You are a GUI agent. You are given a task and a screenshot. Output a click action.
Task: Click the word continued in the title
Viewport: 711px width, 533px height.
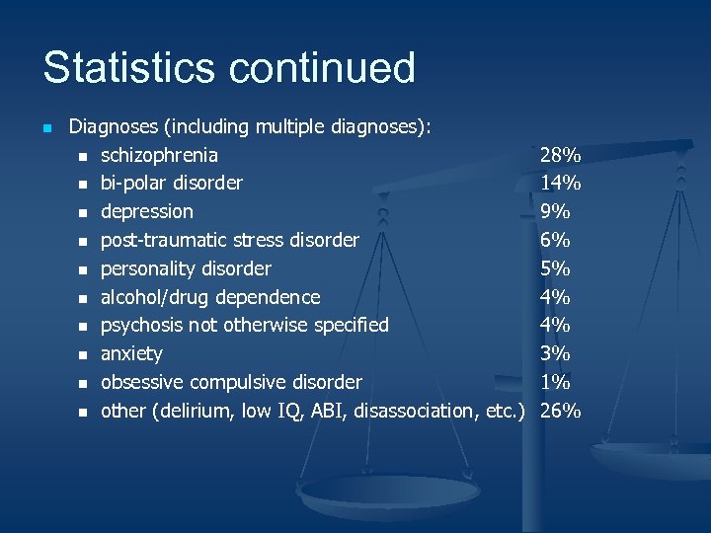click(321, 68)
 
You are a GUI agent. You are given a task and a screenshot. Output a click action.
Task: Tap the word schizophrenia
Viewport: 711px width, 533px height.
click(160, 155)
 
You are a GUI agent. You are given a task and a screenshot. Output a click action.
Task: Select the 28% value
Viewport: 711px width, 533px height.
click(560, 155)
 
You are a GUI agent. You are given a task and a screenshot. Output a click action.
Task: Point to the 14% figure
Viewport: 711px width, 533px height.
click(560, 183)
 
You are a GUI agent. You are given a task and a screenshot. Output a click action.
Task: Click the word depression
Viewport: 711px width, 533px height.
click(147, 211)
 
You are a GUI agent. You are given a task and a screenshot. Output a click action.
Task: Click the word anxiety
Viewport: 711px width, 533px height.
click(131, 353)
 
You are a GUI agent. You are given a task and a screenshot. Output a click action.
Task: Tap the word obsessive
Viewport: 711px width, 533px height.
click(142, 382)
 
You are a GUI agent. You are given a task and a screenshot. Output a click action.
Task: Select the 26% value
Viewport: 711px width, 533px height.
click(560, 411)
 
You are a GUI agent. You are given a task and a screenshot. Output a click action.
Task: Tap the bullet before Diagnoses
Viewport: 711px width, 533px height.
click(46, 127)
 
